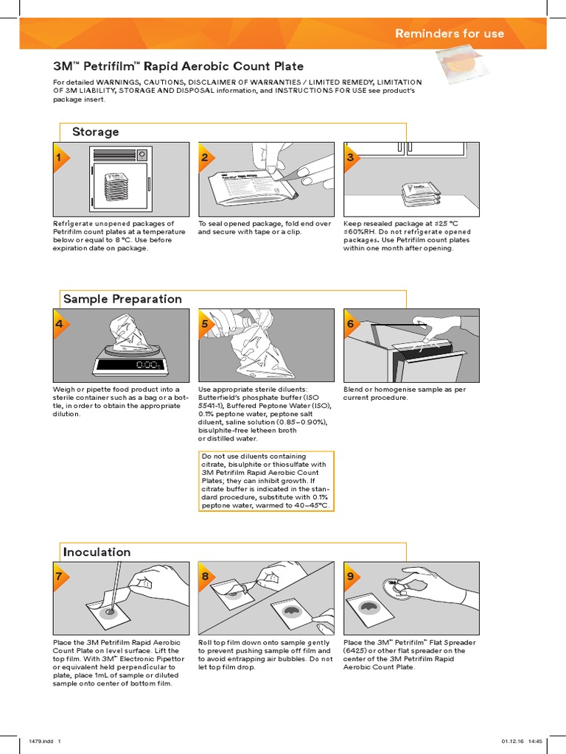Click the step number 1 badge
(59, 158)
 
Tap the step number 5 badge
(205, 324)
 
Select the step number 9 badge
(350, 577)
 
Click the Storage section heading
(95, 132)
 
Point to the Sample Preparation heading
(122, 299)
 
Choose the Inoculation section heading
(97, 552)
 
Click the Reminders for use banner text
(450, 33)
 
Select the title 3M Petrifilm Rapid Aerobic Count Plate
(167, 66)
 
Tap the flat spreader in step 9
(401, 586)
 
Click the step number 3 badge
(350, 158)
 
